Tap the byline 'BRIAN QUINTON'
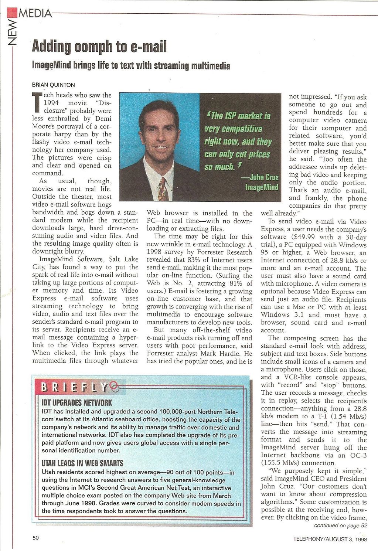tap(53, 85)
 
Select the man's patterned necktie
tap(163, 188)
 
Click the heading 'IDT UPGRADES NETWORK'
tap(76, 402)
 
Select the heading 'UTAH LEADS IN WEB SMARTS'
tap(82, 463)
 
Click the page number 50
tap(35, 538)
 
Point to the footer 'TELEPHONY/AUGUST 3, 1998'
tap(330, 539)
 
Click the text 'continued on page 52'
tap(340, 525)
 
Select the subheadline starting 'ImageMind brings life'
tap(131, 66)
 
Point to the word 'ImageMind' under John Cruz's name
tap(262, 187)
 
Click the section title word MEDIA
tap(35, 14)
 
